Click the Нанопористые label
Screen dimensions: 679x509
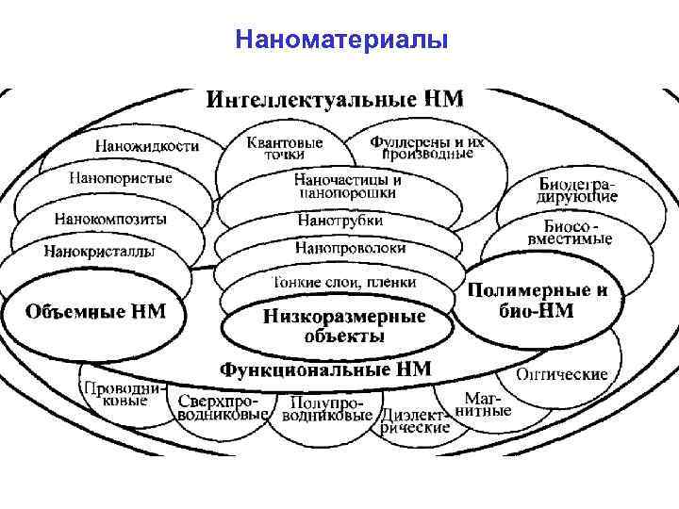(121, 177)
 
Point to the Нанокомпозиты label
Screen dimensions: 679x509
(110, 218)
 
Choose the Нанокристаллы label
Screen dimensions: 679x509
(99, 251)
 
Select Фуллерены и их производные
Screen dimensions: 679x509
(427, 147)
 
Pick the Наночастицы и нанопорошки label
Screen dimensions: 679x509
(347, 185)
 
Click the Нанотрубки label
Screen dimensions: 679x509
(339, 220)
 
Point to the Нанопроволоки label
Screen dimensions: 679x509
(350, 248)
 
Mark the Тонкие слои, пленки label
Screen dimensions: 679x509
(343, 282)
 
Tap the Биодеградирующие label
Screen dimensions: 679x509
(577, 189)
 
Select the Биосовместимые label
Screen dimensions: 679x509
(577, 233)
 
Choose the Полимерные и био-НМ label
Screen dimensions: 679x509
(538, 300)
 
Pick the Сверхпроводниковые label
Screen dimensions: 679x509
(224, 406)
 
